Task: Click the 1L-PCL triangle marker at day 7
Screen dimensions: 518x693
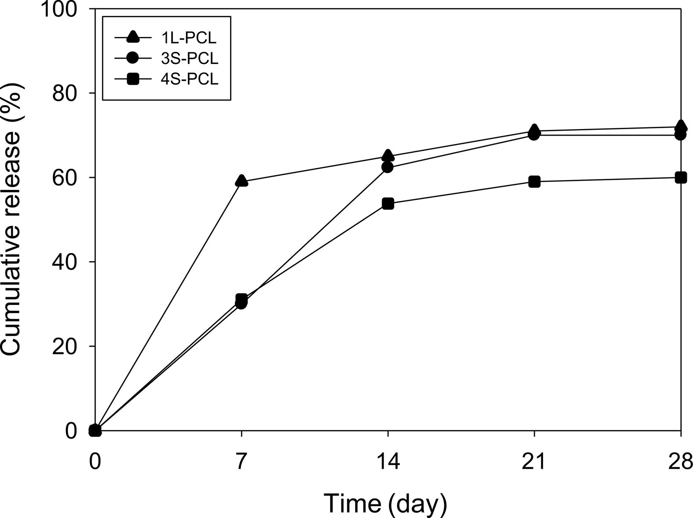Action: (241, 181)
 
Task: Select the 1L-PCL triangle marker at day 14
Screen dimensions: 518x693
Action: (388, 155)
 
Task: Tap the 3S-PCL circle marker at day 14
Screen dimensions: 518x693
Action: (388, 167)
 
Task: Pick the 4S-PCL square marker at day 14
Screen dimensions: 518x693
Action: (388, 203)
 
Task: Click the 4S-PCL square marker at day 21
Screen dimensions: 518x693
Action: (534, 181)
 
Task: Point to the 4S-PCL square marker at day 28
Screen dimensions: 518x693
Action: (681, 178)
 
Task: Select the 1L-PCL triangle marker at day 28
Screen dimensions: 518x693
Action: (681, 126)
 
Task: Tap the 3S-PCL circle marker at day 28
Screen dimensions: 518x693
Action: (681, 134)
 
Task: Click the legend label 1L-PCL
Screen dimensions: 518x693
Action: (189, 38)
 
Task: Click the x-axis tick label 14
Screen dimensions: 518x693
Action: (388, 462)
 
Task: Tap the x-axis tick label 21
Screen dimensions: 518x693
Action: (534, 462)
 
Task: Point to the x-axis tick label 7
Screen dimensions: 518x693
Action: (241, 462)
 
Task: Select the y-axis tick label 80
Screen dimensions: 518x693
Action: (66, 93)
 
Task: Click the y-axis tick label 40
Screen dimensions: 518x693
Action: (66, 262)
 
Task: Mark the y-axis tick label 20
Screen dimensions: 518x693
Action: (66, 346)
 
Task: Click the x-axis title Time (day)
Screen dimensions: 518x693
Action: (385, 503)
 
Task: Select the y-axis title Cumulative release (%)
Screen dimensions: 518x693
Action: (12, 219)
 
